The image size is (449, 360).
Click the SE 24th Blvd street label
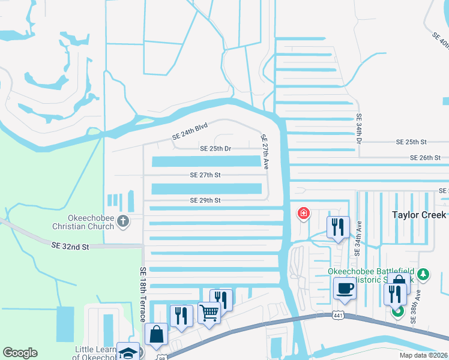(190, 131)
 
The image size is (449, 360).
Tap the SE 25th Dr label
(215, 148)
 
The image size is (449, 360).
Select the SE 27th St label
(205, 175)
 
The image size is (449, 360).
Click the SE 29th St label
(205, 200)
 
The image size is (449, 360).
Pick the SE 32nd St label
(70, 246)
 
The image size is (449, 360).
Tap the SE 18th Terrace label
(143, 295)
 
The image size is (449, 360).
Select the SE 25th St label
(411, 142)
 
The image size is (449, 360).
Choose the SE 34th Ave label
(359, 239)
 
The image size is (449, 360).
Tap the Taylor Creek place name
(419, 215)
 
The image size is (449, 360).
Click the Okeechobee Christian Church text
(83, 222)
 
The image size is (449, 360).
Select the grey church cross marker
(123, 221)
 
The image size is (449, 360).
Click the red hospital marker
(304, 213)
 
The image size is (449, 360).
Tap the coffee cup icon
(345, 287)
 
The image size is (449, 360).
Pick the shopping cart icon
(209, 312)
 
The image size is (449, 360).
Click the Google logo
(20, 353)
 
